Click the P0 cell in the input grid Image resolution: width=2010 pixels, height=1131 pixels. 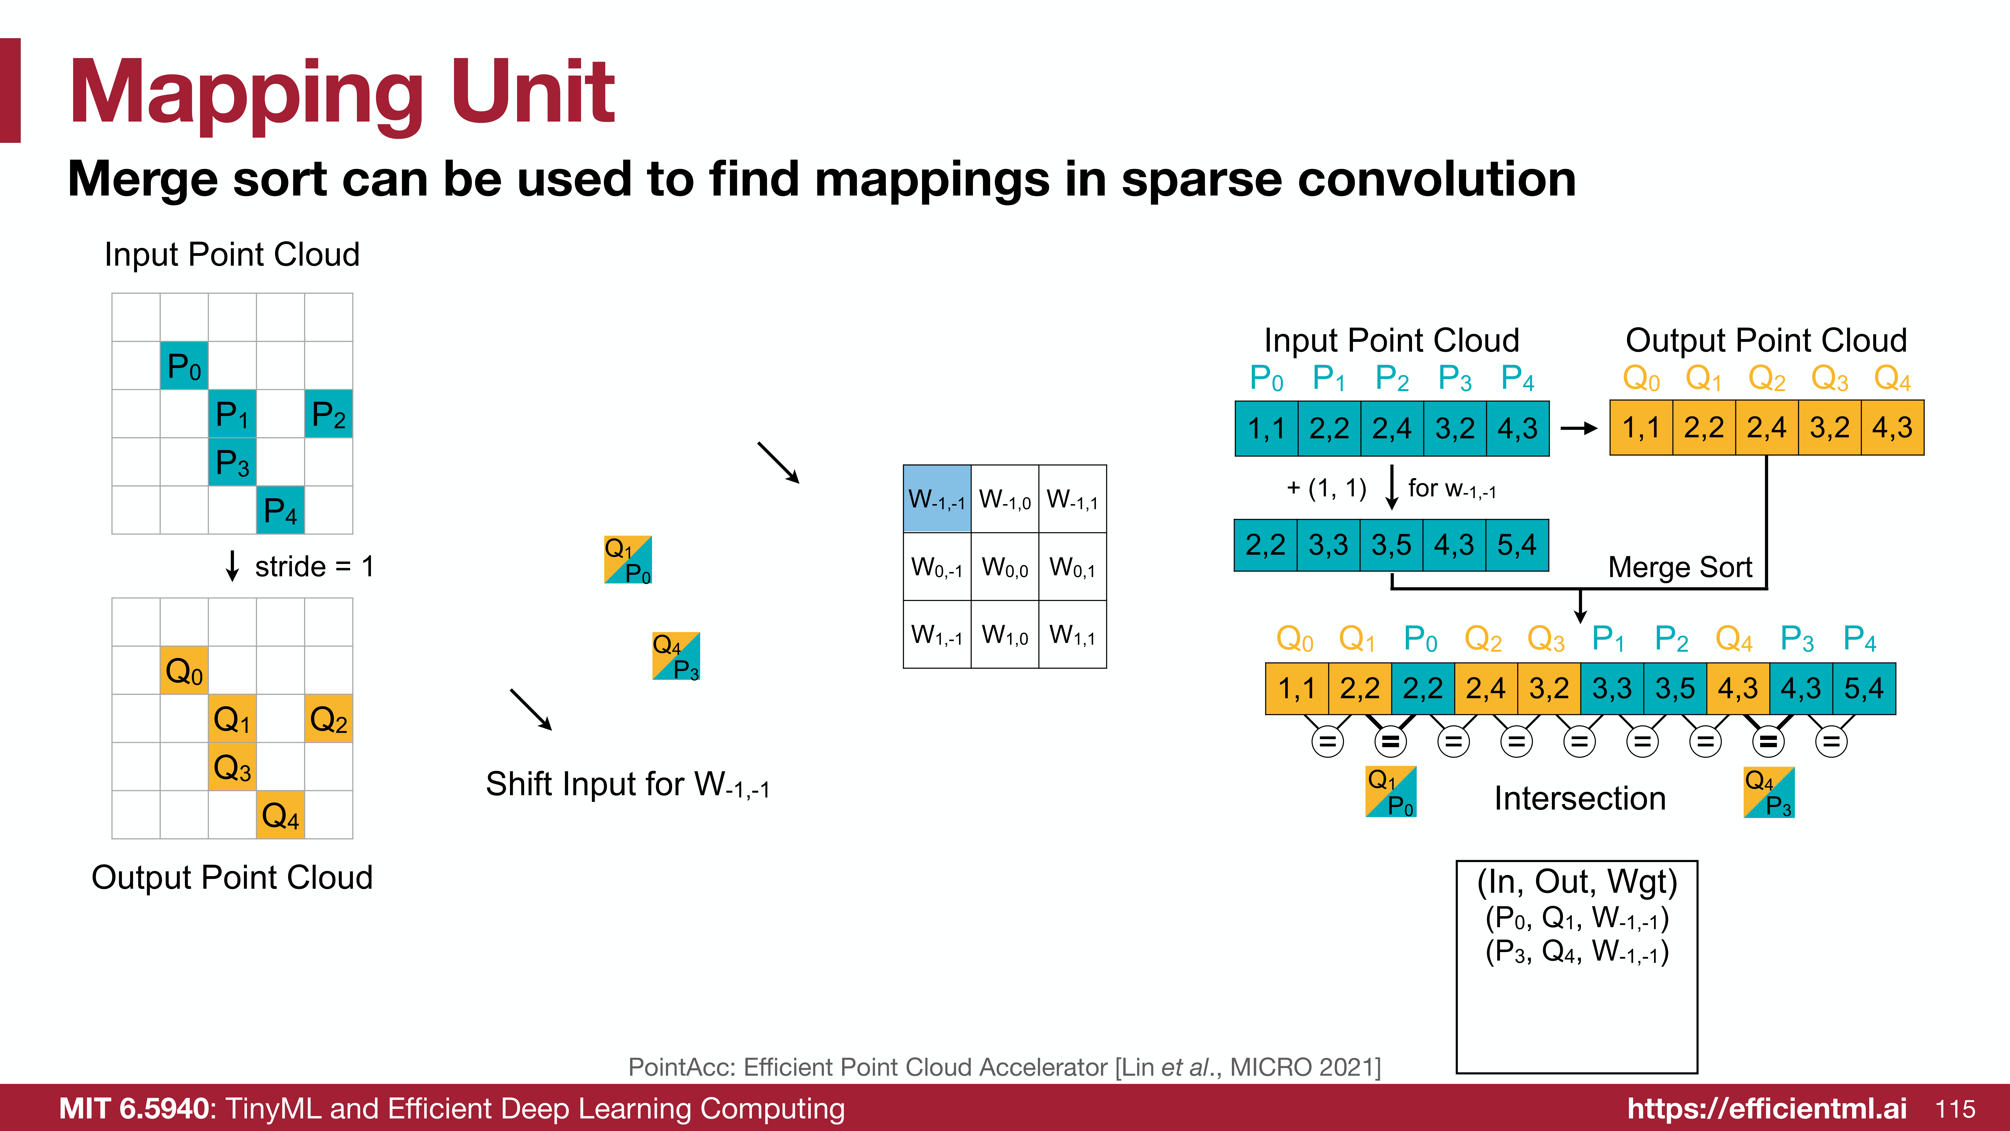point(184,365)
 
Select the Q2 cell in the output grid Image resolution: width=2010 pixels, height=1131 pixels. point(328,718)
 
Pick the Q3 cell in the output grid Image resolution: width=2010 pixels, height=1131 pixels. point(232,767)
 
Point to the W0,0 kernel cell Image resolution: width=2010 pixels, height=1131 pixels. point(1005,567)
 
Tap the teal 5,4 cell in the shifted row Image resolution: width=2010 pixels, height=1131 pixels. point(1517,545)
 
